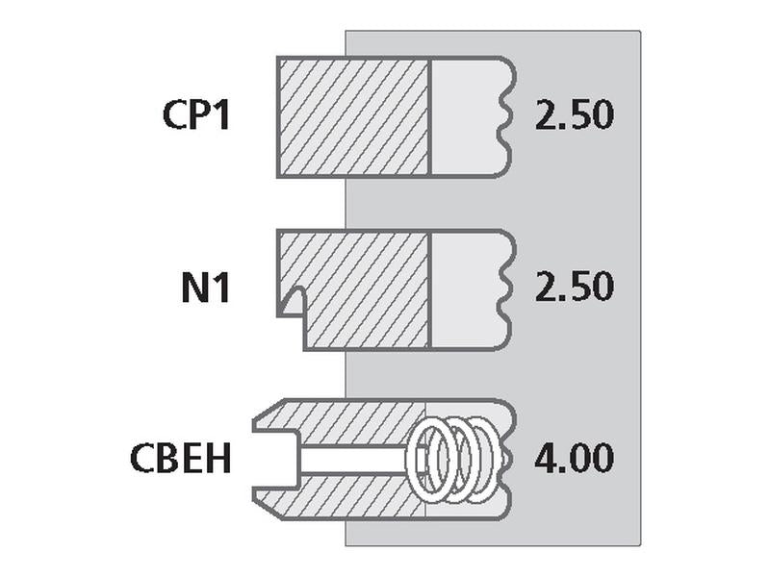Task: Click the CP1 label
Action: pos(196,115)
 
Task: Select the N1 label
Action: pos(206,287)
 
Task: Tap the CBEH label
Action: pos(180,459)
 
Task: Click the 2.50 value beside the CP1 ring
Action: pos(574,115)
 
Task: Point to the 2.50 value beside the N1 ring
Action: pos(574,287)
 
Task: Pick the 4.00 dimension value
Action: pos(574,459)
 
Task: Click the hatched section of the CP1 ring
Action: pos(353,116)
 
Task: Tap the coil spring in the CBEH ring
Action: pos(454,461)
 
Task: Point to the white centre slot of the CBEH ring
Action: pos(353,461)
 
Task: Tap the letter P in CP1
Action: pos(199,115)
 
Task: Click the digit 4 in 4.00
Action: pos(547,459)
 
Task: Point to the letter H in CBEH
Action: pos(219,459)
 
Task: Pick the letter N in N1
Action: pos(194,287)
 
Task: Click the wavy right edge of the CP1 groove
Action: pos(508,116)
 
